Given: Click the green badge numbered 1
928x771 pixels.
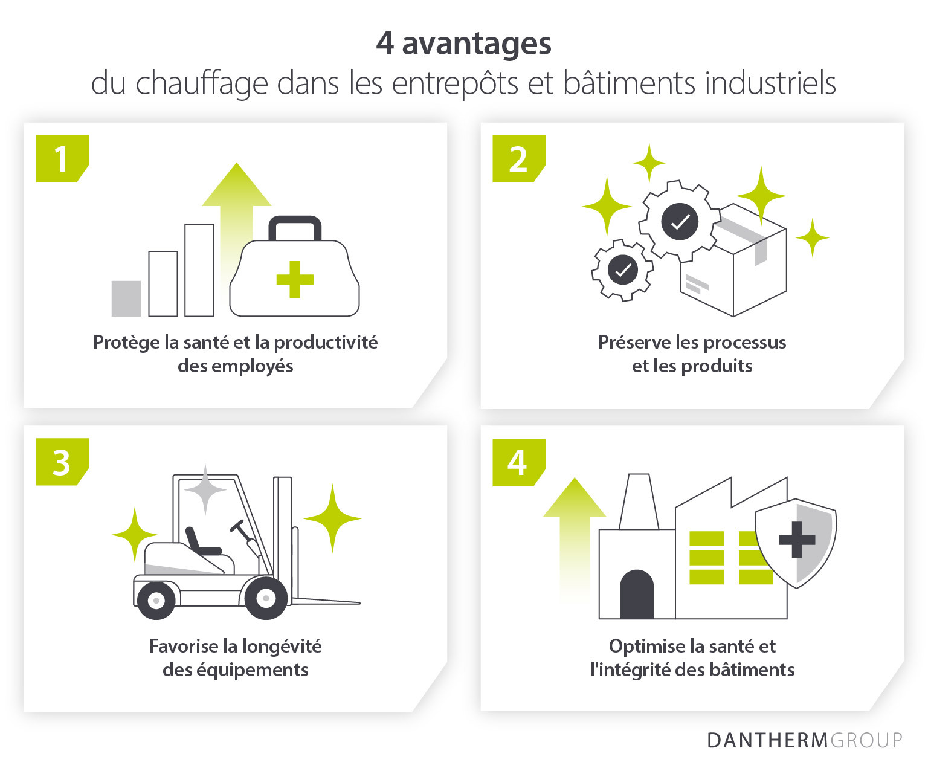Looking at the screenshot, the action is (x=62, y=159).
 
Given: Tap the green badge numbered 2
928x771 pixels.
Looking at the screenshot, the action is (x=518, y=159).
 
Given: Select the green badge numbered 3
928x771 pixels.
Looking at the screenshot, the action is (x=62, y=462).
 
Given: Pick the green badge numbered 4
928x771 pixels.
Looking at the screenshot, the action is (x=518, y=462).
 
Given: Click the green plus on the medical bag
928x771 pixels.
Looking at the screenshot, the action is (x=295, y=279).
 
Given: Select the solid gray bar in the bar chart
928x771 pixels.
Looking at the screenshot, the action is (x=126, y=298).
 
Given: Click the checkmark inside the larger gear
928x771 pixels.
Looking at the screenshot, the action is (x=680, y=221).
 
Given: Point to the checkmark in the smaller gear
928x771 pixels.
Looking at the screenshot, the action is (x=623, y=269).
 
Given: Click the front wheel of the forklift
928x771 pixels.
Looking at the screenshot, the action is (x=266, y=598).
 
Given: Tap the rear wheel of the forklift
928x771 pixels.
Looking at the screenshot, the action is (x=156, y=601).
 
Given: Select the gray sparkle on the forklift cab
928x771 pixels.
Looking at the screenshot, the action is (x=205, y=489).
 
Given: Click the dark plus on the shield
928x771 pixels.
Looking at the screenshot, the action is (x=797, y=540).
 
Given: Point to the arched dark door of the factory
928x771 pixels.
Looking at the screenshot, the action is (x=636, y=594).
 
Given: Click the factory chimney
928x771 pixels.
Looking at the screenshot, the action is (x=639, y=502).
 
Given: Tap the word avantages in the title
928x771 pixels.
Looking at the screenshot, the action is (x=477, y=45).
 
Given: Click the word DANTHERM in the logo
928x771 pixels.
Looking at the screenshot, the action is (x=767, y=741).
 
